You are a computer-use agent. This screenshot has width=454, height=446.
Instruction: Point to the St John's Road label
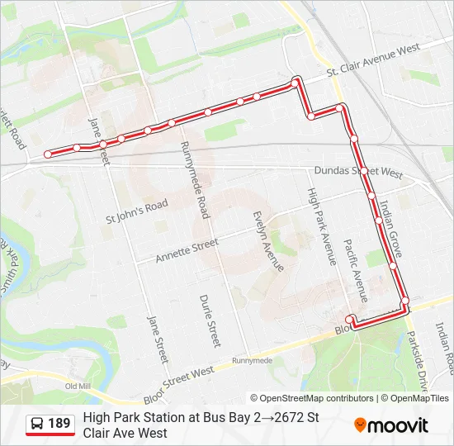pos(137,211)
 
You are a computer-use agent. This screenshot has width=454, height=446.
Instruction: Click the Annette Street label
pos(187,250)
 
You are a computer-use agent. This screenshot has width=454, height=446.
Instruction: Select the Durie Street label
pos(210,321)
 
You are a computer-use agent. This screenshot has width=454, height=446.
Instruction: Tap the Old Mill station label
pos(78,386)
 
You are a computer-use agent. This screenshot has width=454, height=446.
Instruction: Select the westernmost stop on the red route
pos(47,154)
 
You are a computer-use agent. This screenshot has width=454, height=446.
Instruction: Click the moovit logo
pos(390,425)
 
